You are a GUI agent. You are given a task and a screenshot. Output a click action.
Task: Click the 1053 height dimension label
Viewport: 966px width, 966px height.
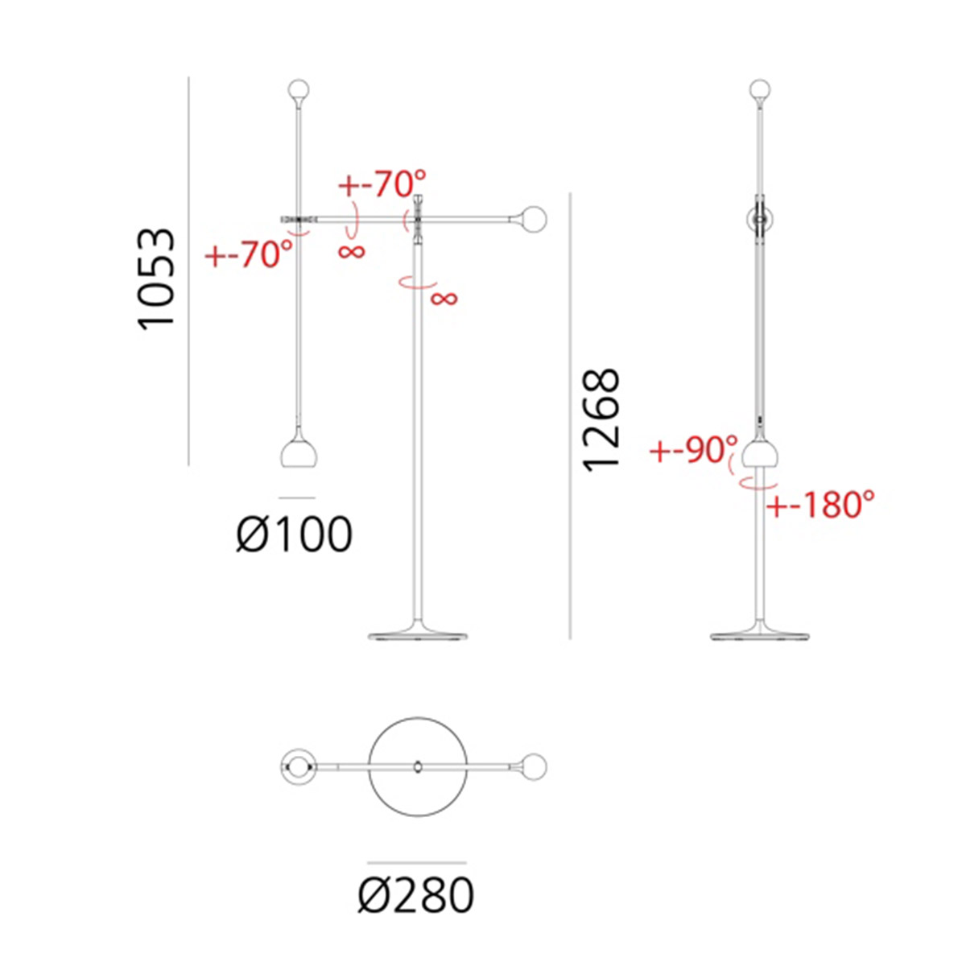coord(156,279)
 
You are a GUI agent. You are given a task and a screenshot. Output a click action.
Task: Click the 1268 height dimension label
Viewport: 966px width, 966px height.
coord(601,420)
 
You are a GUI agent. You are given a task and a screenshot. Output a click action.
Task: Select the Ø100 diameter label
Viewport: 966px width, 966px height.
coord(295,535)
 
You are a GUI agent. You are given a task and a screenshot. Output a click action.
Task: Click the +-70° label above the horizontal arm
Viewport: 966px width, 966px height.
coord(382,184)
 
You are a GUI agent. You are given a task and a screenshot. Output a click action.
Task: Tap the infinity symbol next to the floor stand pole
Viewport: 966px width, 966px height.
coord(444,299)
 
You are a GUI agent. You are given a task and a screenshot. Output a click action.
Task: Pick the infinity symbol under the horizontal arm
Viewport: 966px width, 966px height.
coord(352,251)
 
